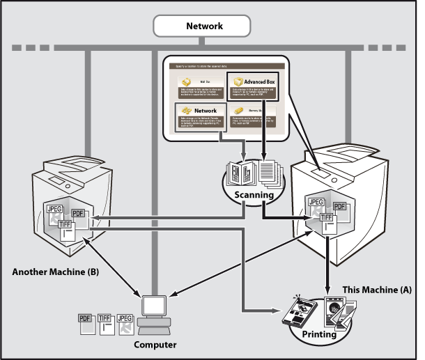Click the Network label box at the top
204,26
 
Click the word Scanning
253,196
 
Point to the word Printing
318,334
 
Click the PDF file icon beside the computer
85,321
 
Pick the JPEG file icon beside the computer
125,321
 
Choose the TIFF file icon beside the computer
105,321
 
